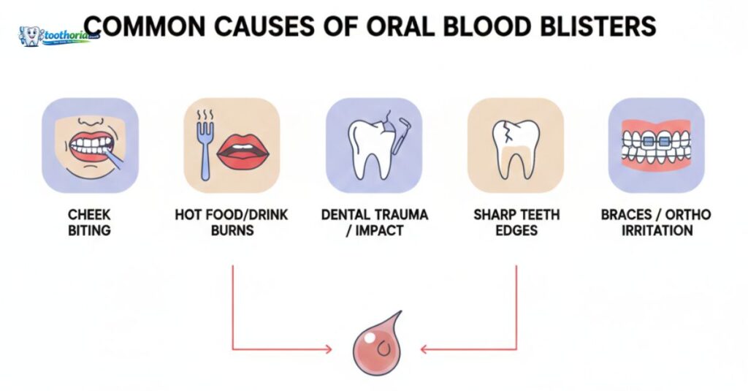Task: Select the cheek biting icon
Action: [90, 145]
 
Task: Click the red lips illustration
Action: [245, 152]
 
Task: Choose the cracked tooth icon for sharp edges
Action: [515, 146]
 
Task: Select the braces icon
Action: [656, 145]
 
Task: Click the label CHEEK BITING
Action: [90, 221]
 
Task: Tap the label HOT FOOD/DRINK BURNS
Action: [232, 221]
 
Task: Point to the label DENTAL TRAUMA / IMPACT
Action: [374, 221]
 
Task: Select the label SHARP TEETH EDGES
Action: [516, 221]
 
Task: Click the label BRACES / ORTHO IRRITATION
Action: [656, 221]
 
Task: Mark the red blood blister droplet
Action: [375, 343]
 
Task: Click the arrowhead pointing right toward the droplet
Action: [327, 349]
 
